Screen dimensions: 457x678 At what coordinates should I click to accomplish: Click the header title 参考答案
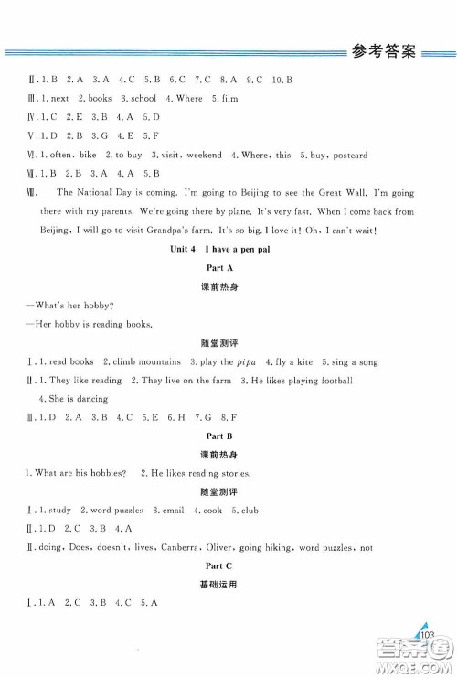[383, 51]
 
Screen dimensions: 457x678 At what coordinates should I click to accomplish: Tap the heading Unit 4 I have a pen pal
[228, 250]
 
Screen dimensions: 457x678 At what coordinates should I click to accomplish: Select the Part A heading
[228, 267]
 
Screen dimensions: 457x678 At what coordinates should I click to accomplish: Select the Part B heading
[228, 436]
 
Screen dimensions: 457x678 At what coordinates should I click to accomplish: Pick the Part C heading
[228, 566]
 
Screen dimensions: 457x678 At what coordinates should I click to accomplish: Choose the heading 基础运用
[228, 584]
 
